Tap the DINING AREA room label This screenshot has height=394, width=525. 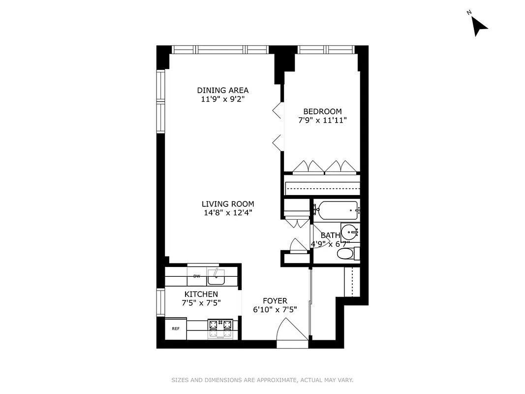click(x=222, y=90)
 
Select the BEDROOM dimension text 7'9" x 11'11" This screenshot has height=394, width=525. click(x=322, y=120)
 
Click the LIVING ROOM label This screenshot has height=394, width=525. click(x=228, y=204)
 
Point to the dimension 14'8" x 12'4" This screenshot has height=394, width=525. click(x=228, y=213)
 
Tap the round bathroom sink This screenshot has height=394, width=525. click(x=350, y=231)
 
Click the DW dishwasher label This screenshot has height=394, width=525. click(x=196, y=277)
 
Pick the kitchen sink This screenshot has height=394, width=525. click(x=216, y=278)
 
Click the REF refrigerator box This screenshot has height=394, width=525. click(x=175, y=328)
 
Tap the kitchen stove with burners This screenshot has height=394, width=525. click(x=220, y=328)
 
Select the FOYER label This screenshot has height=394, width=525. click(x=275, y=301)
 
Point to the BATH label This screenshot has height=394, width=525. click(x=330, y=235)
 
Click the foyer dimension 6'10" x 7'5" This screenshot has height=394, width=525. click(x=275, y=310)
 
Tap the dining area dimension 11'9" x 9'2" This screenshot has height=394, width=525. click(x=222, y=99)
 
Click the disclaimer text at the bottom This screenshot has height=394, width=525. click(x=262, y=380)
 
